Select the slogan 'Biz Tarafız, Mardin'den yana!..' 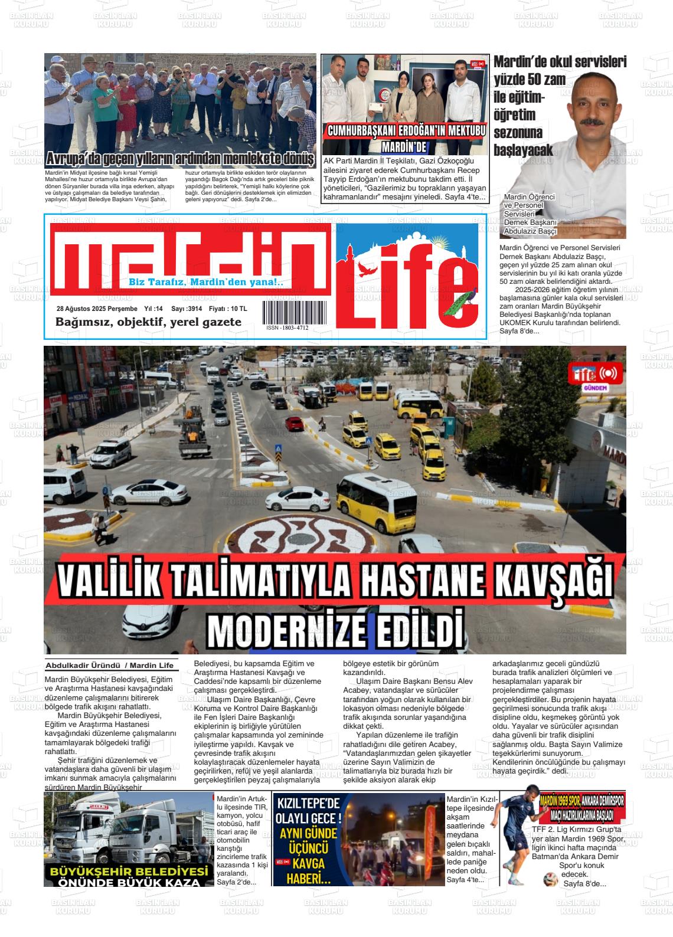pos(206,283)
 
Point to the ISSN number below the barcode pos(287,327)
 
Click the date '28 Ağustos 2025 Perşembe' pos(97,309)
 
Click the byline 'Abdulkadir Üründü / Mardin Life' pos(110,666)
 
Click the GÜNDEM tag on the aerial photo pos(594,388)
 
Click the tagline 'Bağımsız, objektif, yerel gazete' pos(148,322)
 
